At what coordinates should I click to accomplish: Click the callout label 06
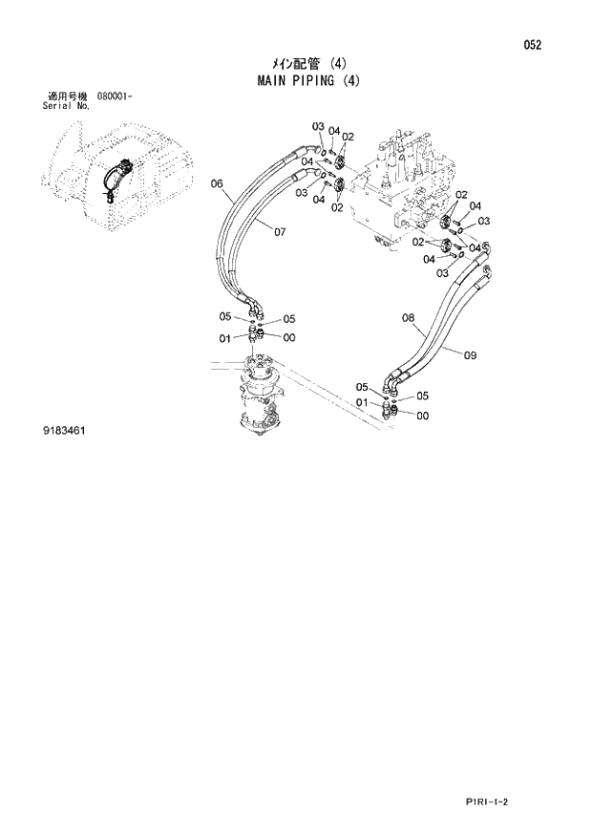(x=216, y=183)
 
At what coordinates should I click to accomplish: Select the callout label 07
(x=280, y=231)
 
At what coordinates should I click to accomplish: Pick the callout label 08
(x=408, y=318)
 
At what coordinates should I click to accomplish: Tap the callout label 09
(x=470, y=355)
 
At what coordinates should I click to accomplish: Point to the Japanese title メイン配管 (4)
(x=295, y=64)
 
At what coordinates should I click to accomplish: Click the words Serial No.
(x=66, y=107)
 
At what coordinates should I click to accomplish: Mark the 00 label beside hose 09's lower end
(x=422, y=416)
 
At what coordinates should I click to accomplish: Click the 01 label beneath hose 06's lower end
(x=224, y=338)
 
